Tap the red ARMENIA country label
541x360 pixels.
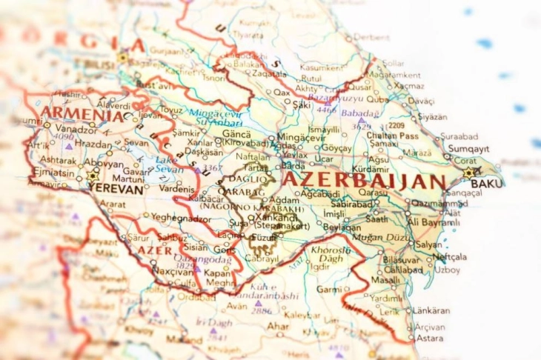point(82,116)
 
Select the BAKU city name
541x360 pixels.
point(486,183)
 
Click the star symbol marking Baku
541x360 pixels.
point(468,173)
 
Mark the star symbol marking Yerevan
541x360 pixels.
point(92,176)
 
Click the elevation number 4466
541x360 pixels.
point(326,109)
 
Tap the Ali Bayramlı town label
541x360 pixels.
point(434,222)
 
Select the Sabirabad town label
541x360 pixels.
point(352,203)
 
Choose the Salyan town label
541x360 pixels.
point(429,244)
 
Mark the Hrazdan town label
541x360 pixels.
point(94,143)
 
